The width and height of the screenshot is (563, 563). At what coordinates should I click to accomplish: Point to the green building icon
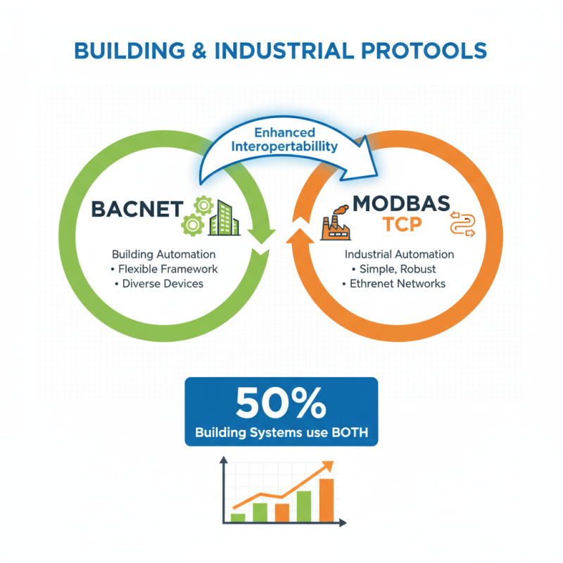pyautogui.click(x=224, y=215)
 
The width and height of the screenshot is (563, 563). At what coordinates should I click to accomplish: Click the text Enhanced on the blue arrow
pyautogui.click(x=284, y=133)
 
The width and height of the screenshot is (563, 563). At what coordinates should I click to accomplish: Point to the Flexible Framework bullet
pyautogui.click(x=165, y=269)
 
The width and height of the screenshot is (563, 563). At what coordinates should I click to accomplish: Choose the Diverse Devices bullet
pyautogui.click(x=161, y=284)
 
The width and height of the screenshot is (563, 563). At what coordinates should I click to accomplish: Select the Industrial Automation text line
pyautogui.click(x=399, y=254)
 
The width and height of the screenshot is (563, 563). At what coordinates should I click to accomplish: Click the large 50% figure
pyautogui.click(x=281, y=404)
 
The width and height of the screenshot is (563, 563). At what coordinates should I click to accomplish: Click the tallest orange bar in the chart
pyautogui.click(x=327, y=500)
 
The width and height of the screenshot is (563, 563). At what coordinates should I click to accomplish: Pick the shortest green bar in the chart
pyautogui.click(x=238, y=517)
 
